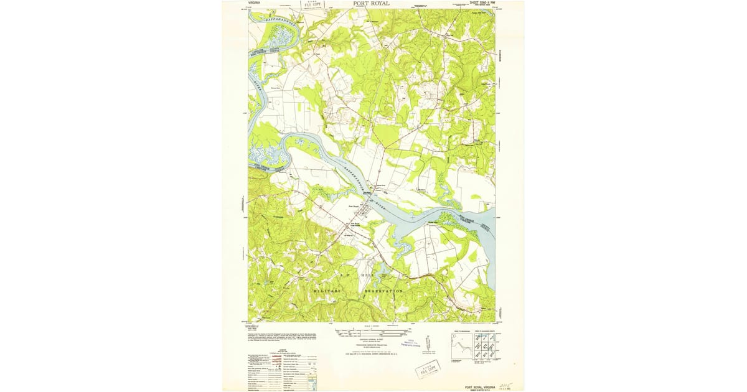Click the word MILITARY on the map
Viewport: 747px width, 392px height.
point(327,291)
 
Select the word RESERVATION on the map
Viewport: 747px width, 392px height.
point(384,291)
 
